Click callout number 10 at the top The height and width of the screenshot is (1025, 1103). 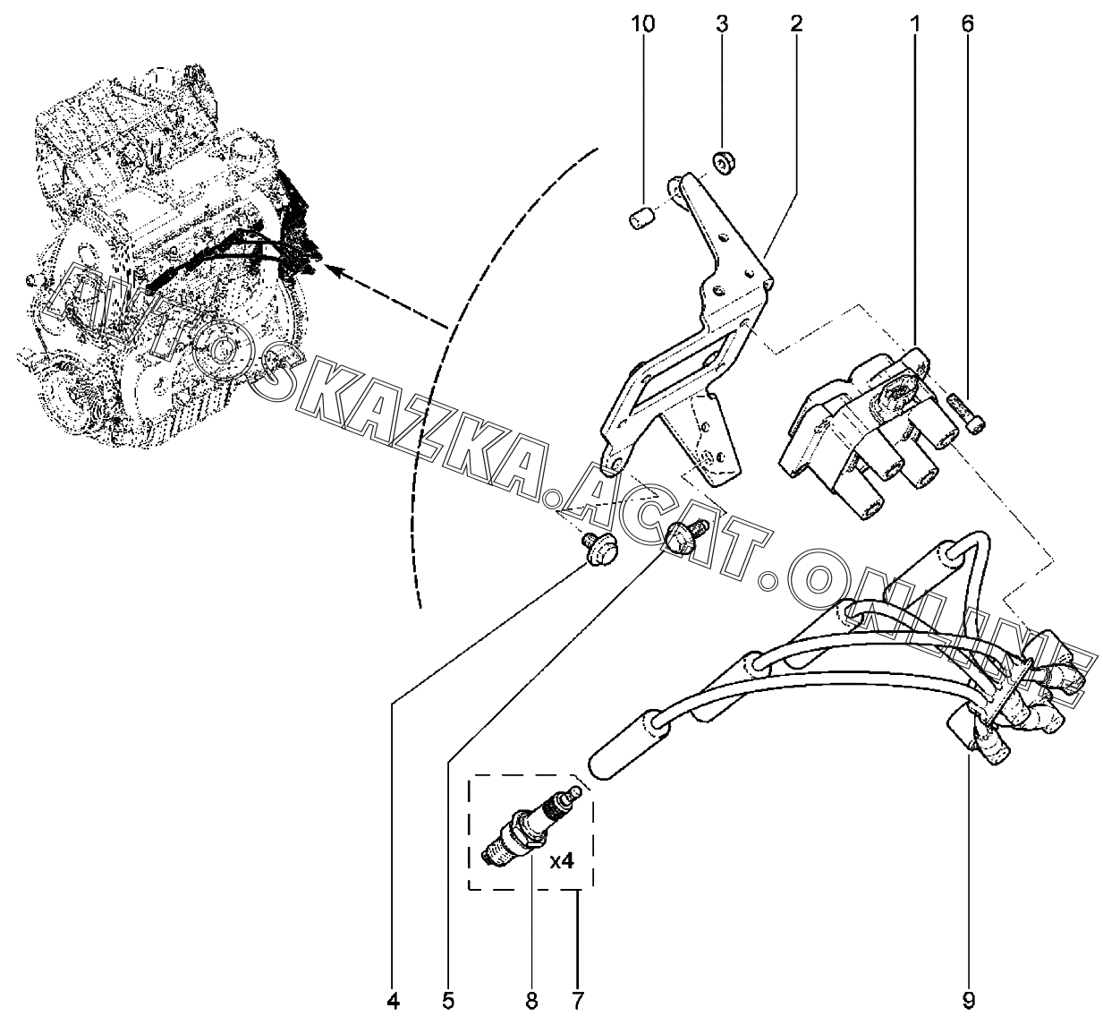(x=642, y=24)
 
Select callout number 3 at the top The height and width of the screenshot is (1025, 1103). (x=721, y=24)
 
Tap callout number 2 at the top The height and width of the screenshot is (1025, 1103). (x=796, y=24)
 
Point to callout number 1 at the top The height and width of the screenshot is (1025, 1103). (x=915, y=24)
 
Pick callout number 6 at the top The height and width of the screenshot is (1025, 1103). (x=967, y=24)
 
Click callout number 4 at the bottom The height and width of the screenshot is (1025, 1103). (x=393, y=1002)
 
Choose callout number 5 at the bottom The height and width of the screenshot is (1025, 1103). (x=448, y=1002)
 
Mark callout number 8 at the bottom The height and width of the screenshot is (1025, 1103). (x=531, y=1002)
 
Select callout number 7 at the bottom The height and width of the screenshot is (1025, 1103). (x=578, y=1002)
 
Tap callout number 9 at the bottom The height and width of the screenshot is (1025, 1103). (x=968, y=1002)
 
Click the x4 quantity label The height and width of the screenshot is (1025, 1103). (x=562, y=862)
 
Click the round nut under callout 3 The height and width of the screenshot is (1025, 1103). (x=723, y=162)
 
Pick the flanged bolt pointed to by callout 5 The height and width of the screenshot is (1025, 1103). (x=686, y=536)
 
